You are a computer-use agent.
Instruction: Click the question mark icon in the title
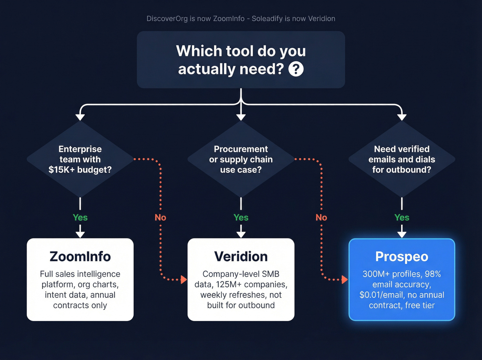pos(296,69)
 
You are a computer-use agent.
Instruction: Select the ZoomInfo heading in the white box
pos(80,257)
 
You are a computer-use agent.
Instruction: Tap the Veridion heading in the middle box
pos(241,257)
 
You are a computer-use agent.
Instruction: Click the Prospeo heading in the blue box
pos(402,257)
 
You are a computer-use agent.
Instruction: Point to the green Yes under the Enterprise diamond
pos(80,217)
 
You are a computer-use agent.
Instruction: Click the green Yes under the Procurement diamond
pos(241,217)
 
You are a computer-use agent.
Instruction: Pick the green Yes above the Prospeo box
pos(402,217)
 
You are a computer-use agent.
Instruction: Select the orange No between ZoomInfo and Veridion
pos(160,217)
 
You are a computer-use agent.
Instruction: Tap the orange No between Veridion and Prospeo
pos(321,217)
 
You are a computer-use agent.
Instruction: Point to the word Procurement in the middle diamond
pos(241,149)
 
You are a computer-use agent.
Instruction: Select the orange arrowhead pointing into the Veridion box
pos(184,279)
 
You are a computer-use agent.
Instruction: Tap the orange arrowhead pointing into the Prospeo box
pos(345,279)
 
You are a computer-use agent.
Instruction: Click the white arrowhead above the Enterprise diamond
pos(80,117)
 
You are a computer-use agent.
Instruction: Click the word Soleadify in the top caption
pos(267,19)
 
